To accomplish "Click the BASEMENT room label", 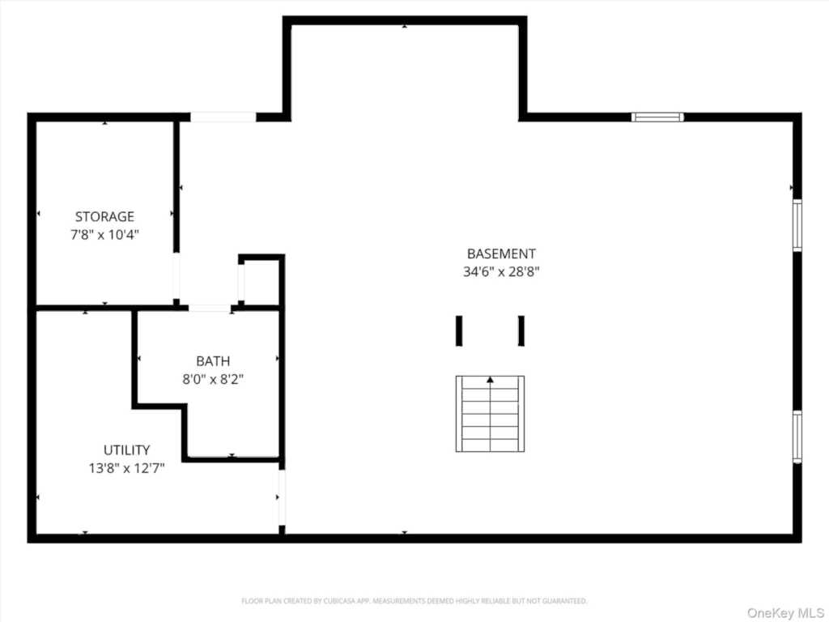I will point(501,253).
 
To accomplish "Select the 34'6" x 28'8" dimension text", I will point(501,272).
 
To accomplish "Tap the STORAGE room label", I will point(104,216).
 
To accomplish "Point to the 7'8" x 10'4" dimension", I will point(104,235).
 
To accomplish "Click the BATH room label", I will point(213,360).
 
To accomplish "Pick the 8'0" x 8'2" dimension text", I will point(213,378).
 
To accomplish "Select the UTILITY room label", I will point(126,449).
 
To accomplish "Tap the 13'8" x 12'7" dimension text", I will point(126,467).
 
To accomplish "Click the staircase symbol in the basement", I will point(490,414).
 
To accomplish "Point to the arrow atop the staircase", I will point(490,379).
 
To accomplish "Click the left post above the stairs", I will point(459,330).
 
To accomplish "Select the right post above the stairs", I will point(521,330).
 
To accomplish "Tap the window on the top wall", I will point(657,117).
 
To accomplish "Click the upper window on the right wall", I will point(797,225).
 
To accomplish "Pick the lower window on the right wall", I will point(797,437).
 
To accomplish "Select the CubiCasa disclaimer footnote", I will point(414,601).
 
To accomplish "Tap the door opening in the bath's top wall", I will point(210,308).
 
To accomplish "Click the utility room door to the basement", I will point(282,498).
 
